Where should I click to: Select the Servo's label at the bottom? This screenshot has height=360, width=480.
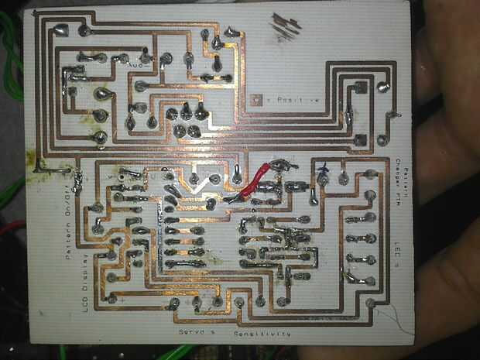tap(195, 332)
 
